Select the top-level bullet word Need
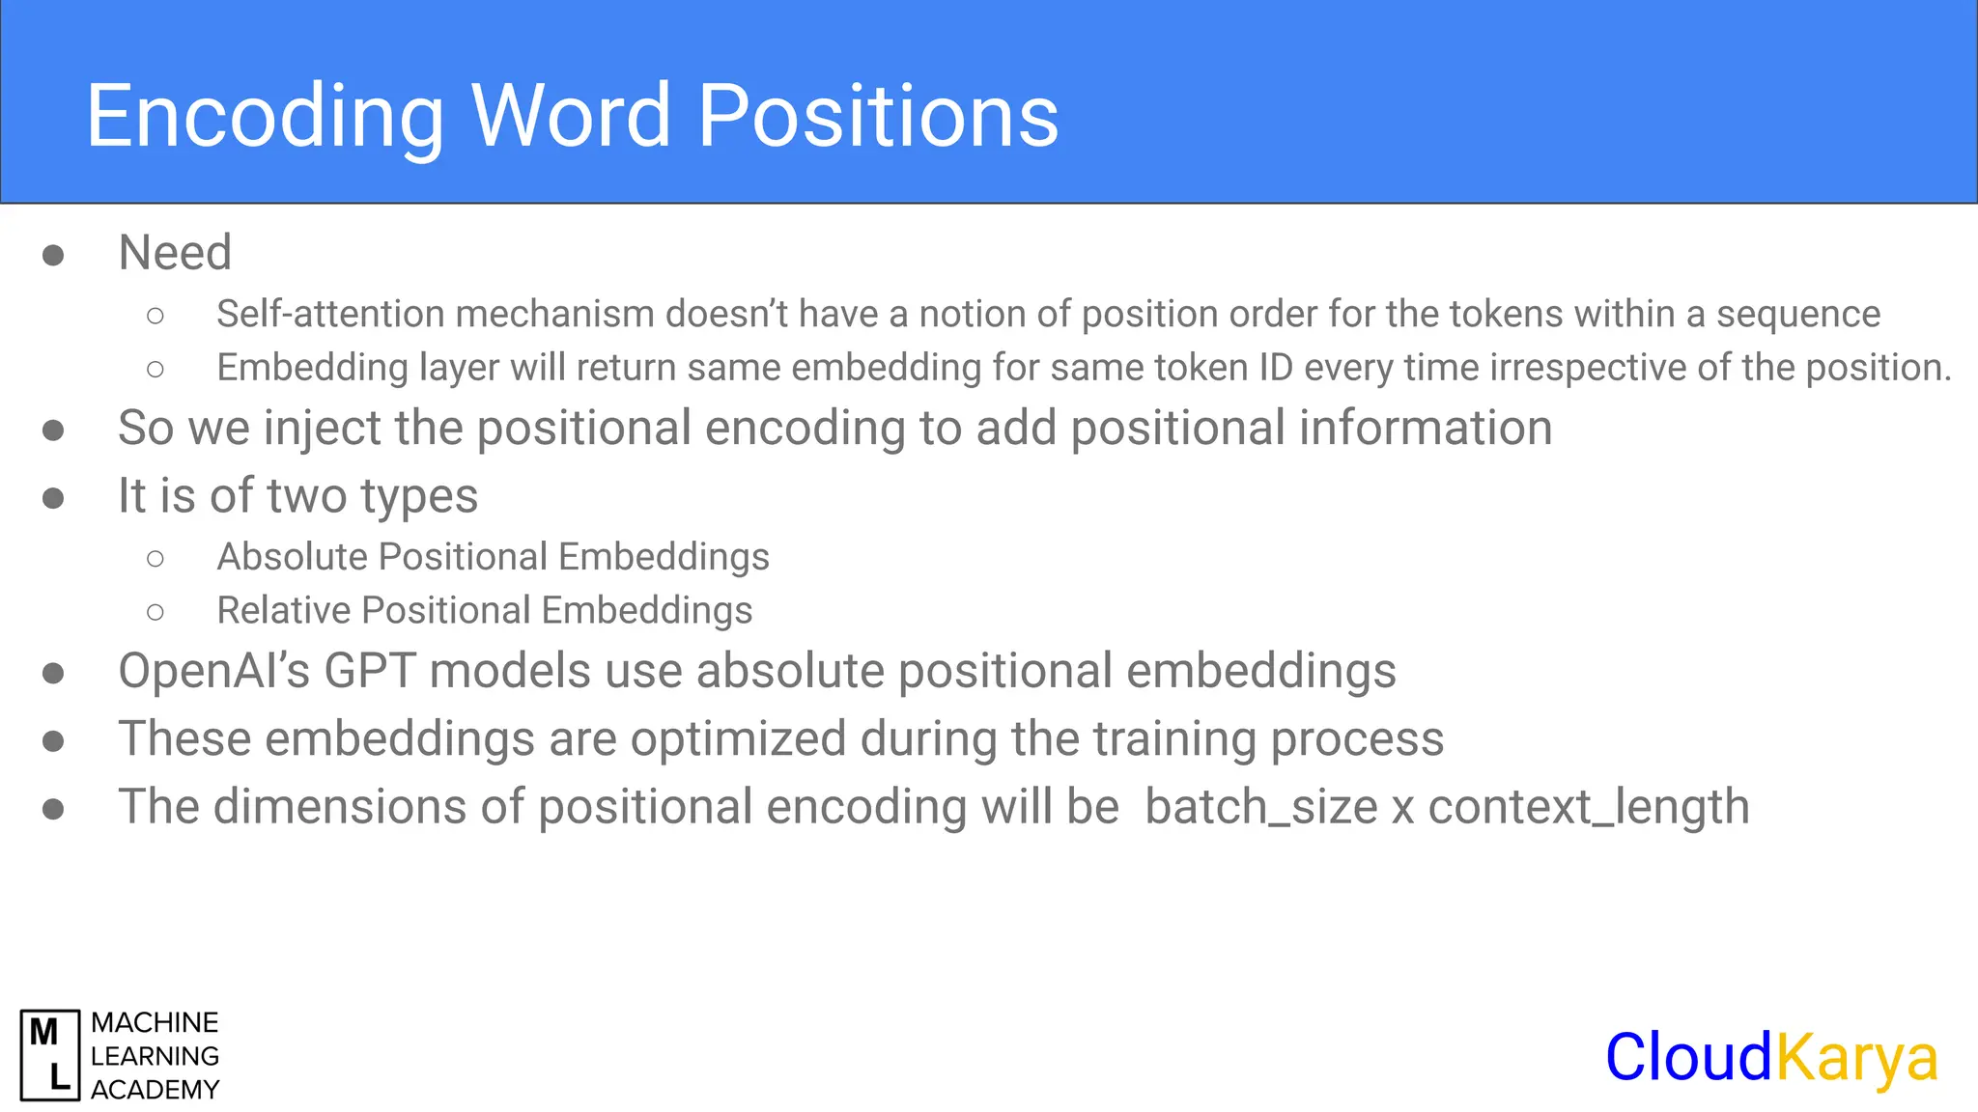coord(175,253)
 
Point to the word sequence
coord(1797,314)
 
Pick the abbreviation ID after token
coord(1276,368)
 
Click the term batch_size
coord(1260,807)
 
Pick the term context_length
coord(1588,807)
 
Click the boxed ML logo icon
coord(50,1055)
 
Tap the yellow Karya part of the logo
coord(1856,1058)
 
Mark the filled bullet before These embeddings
coord(53,740)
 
